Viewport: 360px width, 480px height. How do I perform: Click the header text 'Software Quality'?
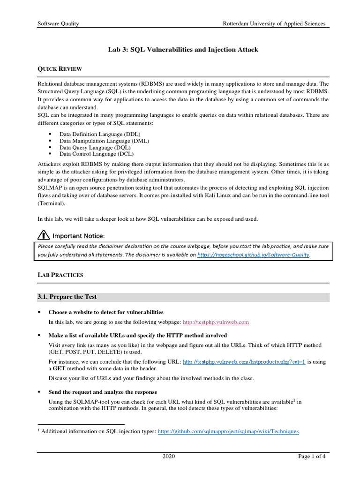(58, 23)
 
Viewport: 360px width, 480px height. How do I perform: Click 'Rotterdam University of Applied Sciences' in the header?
(274, 23)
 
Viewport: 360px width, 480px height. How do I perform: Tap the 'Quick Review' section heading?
(60, 69)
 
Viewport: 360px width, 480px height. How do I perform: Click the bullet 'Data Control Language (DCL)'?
(96, 153)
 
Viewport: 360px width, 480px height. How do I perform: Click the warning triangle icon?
(43, 234)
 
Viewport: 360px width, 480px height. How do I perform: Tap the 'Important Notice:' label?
(78, 235)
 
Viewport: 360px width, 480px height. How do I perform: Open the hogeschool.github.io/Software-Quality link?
(254, 255)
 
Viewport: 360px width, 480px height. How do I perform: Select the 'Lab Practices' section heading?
(60, 275)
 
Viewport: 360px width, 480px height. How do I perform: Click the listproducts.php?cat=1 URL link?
(243, 362)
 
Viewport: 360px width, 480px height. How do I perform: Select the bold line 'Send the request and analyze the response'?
(103, 392)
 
